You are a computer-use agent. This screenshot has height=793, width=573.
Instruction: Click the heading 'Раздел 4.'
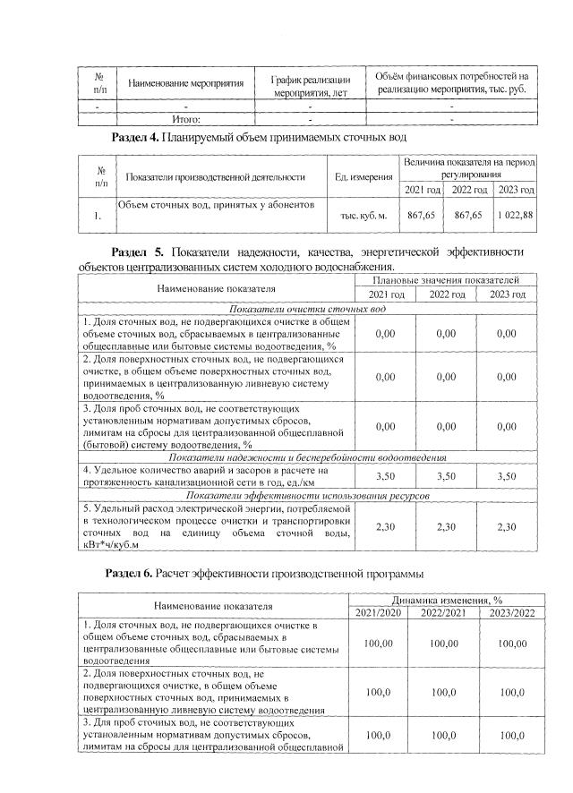click(x=134, y=138)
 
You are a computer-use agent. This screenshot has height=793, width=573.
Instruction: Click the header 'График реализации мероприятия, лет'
click(x=310, y=84)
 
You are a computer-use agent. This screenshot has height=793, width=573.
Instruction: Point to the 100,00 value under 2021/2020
click(x=386, y=643)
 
